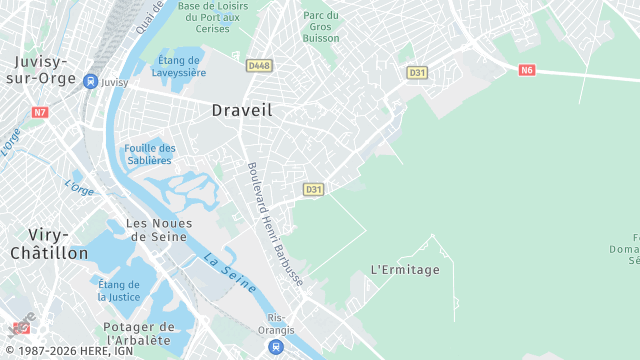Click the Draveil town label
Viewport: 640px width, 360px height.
[x=242, y=111]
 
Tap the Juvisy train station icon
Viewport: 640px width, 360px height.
[x=90, y=82]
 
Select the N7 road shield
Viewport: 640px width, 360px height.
[x=40, y=112]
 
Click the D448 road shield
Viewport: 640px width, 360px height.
[x=259, y=66]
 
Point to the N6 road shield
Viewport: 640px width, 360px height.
[x=527, y=70]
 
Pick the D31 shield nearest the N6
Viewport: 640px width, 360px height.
[x=417, y=72]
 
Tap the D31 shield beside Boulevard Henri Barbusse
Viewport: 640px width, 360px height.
[x=314, y=189]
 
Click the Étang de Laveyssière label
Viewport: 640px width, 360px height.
[x=181, y=66]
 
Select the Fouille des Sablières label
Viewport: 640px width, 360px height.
[x=150, y=154]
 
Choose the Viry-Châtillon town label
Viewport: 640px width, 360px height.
[x=48, y=243]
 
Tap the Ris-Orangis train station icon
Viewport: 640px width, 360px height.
[x=275, y=347]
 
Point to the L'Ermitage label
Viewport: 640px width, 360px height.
[x=405, y=270]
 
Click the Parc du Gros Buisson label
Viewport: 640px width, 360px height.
[x=321, y=27]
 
